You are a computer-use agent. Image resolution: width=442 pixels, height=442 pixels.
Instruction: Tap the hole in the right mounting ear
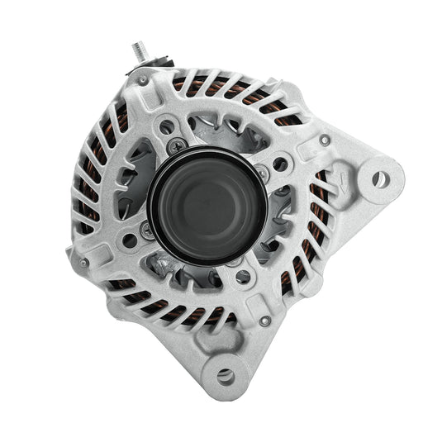click(378, 178)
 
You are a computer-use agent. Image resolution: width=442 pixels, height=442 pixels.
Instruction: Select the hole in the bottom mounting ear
click(225, 376)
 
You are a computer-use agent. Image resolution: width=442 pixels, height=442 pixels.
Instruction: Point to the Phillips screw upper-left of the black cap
click(176, 146)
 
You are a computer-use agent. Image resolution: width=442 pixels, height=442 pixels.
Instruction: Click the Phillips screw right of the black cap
click(262, 173)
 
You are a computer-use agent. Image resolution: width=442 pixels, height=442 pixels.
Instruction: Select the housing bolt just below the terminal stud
click(144, 80)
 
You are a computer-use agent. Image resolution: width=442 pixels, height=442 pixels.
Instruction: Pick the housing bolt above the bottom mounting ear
click(264, 321)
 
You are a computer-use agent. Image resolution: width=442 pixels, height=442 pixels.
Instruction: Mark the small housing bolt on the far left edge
click(84, 263)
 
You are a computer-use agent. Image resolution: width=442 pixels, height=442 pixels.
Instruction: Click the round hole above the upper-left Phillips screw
click(168, 126)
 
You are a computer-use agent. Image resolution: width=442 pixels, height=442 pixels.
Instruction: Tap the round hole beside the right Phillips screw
click(280, 164)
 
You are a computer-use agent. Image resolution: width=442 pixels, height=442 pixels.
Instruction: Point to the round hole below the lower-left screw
click(130, 241)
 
